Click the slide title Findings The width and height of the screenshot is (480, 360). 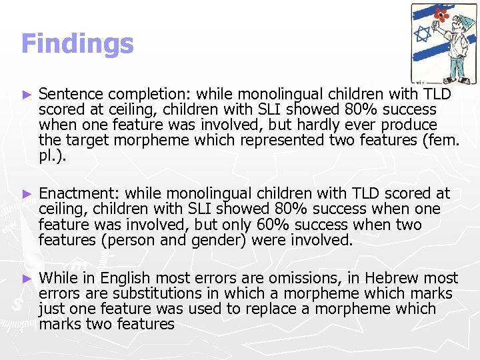[77, 44]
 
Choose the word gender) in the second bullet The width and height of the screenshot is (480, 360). [221, 240]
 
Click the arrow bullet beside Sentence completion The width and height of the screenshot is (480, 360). [27, 94]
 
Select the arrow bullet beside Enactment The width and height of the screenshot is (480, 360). [27, 194]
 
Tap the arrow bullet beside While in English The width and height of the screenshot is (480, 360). [27, 278]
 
